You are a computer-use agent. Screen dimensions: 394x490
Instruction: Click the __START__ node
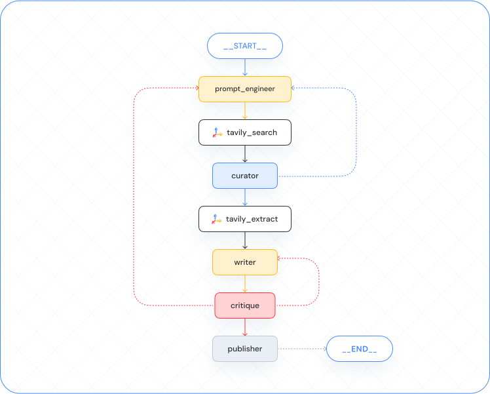tap(244, 46)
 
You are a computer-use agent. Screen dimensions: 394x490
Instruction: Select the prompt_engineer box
tap(244, 89)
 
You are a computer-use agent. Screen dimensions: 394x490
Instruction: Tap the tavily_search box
tap(244, 132)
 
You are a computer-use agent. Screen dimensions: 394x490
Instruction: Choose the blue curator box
tap(244, 176)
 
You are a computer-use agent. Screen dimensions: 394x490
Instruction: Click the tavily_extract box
tap(244, 219)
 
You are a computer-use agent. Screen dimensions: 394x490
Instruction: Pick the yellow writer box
tap(244, 262)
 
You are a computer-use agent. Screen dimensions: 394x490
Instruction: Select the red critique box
tap(244, 305)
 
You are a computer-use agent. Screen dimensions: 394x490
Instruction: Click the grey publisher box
tap(244, 349)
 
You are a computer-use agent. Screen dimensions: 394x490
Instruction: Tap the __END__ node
tap(359, 349)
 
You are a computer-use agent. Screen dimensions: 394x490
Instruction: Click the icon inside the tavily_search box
tap(217, 132)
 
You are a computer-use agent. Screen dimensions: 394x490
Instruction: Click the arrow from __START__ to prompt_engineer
tap(244, 68)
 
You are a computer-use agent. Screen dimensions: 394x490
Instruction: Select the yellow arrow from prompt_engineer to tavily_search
tap(244, 111)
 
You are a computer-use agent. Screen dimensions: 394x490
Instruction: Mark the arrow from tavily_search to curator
tap(244, 154)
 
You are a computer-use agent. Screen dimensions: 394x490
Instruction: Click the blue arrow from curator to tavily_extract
tap(244, 197)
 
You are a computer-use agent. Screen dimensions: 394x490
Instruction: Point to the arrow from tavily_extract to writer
tap(244, 241)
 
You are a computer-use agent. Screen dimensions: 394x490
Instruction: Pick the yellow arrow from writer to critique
tap(244, 284)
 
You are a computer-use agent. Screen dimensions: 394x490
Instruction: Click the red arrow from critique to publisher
tap(244, 327)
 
